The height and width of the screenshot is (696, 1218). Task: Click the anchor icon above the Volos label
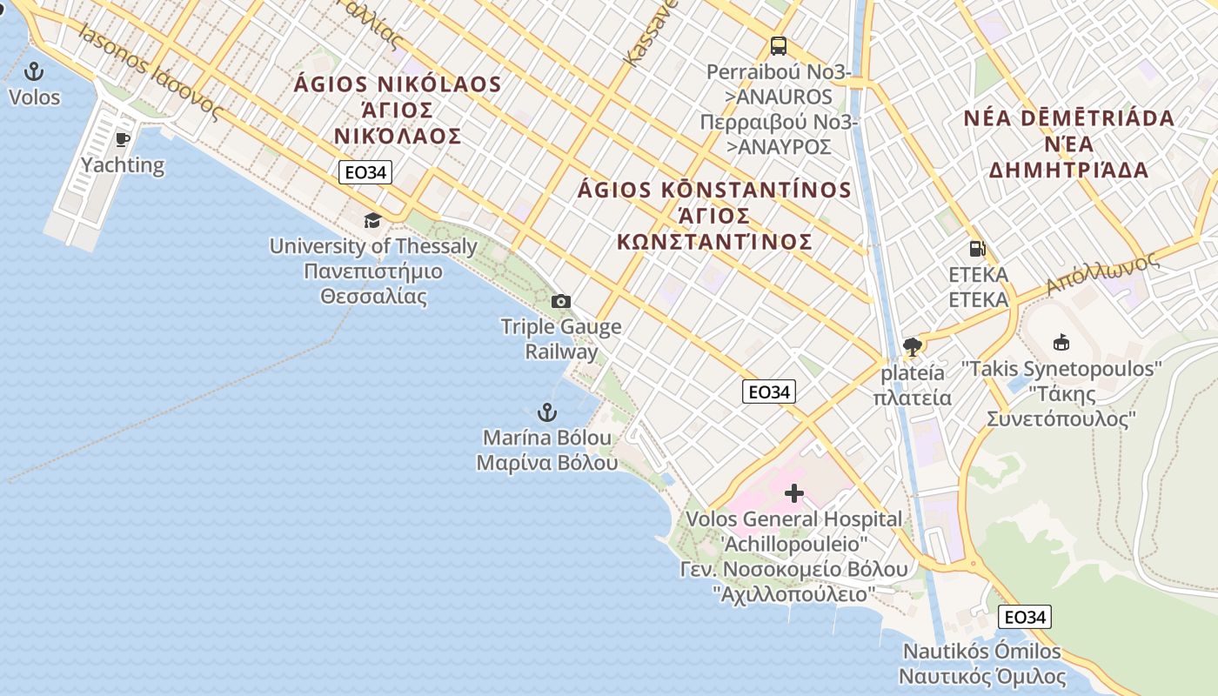pos(35,70)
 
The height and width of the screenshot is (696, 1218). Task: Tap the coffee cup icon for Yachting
pos(123,139)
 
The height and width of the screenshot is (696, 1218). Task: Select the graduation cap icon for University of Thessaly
pos(373,220)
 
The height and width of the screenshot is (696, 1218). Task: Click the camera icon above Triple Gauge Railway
pos(561,301)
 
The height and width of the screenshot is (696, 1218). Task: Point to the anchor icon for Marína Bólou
pos(547,412)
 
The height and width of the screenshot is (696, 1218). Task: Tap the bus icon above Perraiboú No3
pos(778,46)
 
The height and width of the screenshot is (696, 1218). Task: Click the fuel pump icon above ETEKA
pos(978,249)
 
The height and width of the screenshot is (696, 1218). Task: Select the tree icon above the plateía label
pos(913,348)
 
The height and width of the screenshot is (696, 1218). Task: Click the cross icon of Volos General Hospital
pos(794,493)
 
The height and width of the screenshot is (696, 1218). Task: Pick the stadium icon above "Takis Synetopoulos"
pos(1061,342)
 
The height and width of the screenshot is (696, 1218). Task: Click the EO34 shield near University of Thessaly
pos(365,172)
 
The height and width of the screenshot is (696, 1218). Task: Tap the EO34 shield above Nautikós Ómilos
pos(1025,617)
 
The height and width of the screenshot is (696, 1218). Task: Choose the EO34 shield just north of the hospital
pos(769,391)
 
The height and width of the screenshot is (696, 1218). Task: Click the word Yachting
pos(123,164)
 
